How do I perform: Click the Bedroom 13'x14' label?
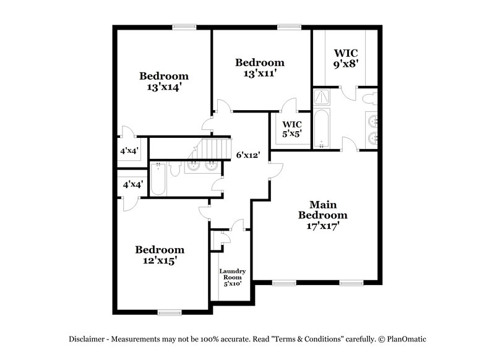[163, 82]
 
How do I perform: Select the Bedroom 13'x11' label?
[260, 67]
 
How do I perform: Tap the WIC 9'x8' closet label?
[346, 58]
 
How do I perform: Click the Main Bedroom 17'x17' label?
[322, 215]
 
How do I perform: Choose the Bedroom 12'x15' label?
[160, 255]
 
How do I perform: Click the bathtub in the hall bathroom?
[158, 180]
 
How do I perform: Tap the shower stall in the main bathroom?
[322, 98]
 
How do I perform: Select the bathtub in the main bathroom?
[322, 128]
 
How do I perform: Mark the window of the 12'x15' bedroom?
[169, 312]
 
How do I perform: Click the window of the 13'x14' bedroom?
[184, 26]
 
